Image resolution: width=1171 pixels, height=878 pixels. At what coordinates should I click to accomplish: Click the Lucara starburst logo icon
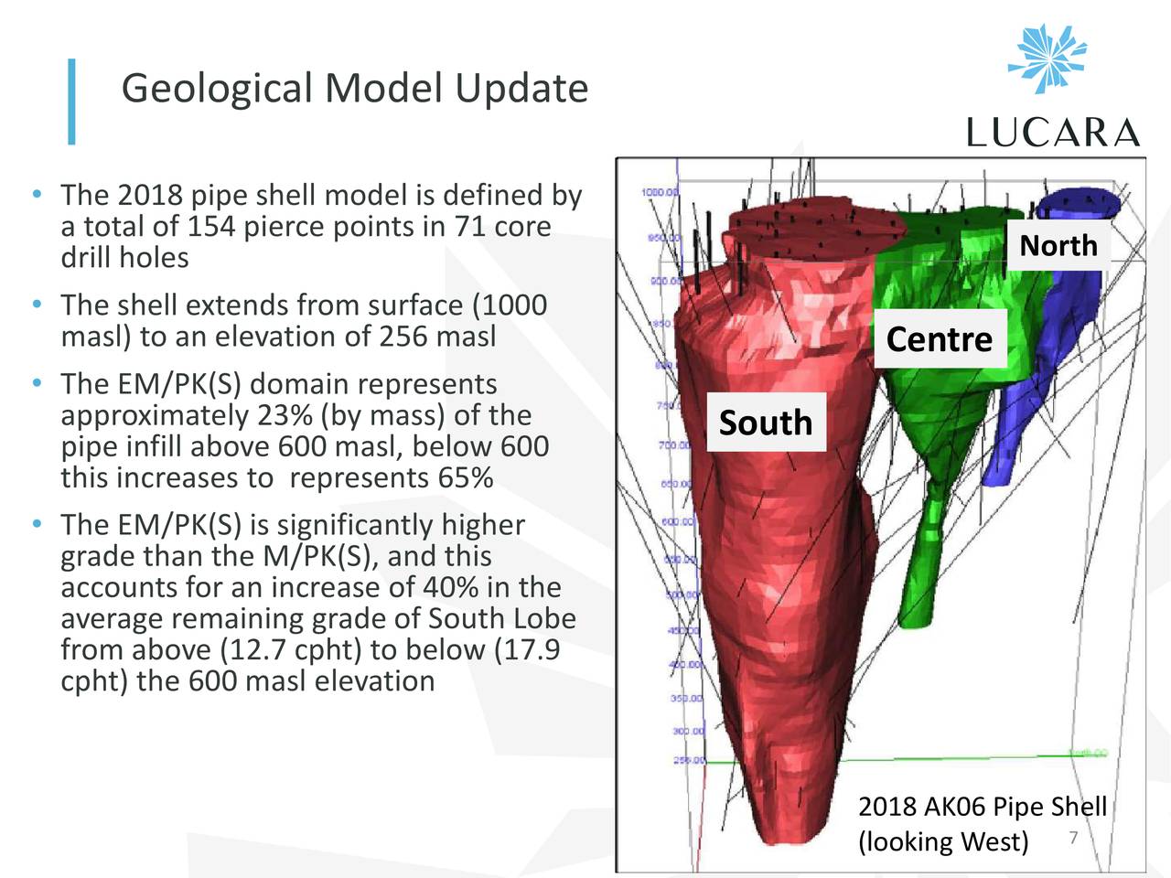pyautogui.click(x=1048, y=59)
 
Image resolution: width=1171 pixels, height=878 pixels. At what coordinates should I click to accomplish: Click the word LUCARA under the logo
pyautogui.click(x=1053, y=134)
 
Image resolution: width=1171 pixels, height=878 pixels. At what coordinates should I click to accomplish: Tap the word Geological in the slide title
pyautogui.click(x=217, y=89)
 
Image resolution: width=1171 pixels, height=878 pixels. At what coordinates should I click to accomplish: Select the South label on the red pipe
pyautogui.click(x=766, y=423)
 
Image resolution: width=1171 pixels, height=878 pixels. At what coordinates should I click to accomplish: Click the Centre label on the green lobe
pyautogui.click(x=940, y=339)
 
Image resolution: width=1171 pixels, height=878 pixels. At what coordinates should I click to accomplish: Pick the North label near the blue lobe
pyautogui.click(x=1058, y=245)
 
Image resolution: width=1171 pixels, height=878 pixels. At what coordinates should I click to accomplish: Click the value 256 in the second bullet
pyautogui.click(x=403, y=336)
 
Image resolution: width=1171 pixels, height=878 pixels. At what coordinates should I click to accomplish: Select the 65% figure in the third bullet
pyautogui.click(x=466, y=477)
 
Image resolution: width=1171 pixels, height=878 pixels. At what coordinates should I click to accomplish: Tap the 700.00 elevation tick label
pyautogui.click(x=673, y=444)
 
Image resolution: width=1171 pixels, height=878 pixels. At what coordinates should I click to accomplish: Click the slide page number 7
pyautogui.click(x=1073, y=839)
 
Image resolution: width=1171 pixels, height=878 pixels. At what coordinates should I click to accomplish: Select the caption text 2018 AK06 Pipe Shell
pyautogui.click(x=982, y=807)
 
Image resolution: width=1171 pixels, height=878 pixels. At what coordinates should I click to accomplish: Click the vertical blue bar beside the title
pyautogui.click(x=71, y=102)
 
